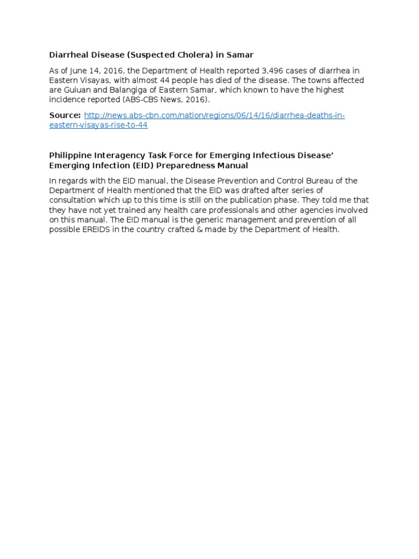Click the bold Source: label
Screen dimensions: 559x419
65,115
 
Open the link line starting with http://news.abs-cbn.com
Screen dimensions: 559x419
214,115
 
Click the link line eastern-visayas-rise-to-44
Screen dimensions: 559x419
98,125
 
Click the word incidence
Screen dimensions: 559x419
69,100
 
